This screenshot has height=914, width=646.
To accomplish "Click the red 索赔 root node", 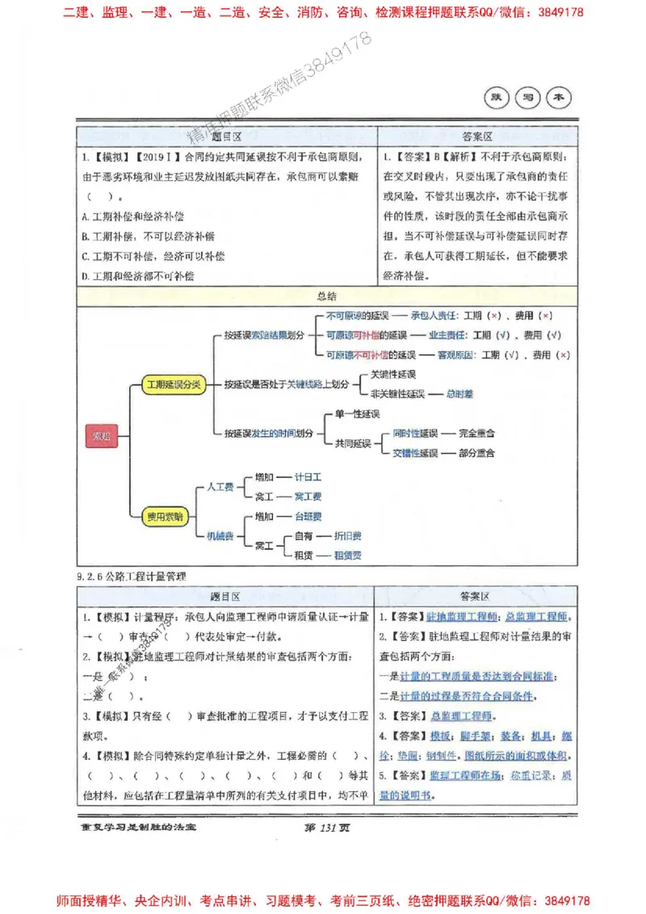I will [x=101, y=437].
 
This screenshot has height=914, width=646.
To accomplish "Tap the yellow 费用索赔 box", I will [x=164, y=516].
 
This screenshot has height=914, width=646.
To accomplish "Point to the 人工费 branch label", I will [x=220, y=487].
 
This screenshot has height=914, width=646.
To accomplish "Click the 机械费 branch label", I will [x=220, y=535].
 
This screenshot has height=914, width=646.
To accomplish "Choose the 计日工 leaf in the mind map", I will [x=308, y=477].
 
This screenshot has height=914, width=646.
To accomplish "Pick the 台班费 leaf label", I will [x=308, y=516].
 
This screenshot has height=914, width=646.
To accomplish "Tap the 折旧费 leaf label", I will [x=348, y=535].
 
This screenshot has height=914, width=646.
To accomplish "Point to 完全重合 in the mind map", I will [x=476, y=434].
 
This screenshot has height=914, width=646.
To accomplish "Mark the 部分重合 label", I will [x=476, y=453].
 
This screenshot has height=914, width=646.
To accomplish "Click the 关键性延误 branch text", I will [x=392, y=375].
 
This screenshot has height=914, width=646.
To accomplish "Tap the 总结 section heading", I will [x=328, y=296].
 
